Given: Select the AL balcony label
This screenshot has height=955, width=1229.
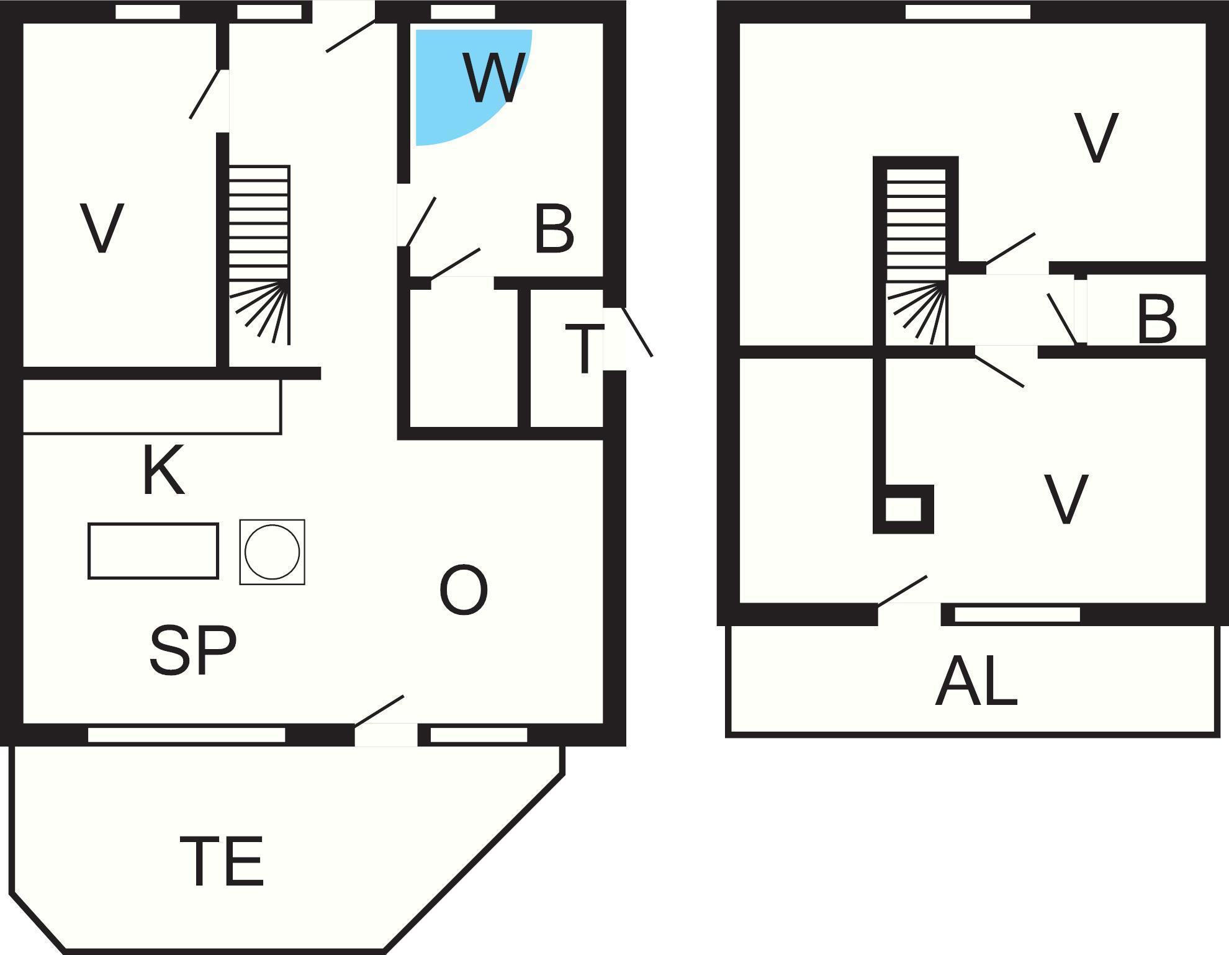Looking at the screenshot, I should coord(976,682).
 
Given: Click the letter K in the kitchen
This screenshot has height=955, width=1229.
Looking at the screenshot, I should coord(163,470).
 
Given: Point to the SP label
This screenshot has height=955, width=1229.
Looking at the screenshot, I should coord(193,650).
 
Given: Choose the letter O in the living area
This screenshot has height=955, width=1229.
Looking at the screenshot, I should coord(463,590).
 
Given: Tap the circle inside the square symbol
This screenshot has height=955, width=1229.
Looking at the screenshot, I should coord(272,552).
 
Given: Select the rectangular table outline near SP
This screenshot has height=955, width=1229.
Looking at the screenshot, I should coord(153,551).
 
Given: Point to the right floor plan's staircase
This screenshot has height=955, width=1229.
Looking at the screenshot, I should coord(916,254).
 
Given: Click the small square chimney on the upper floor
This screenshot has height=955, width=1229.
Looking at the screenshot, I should coord(903,509).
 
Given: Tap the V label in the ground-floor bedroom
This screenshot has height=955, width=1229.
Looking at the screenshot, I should coord(102,228).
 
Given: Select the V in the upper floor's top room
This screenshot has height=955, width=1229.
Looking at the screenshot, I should coord(1096,138).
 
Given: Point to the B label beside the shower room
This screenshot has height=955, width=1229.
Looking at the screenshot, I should coord(554,230).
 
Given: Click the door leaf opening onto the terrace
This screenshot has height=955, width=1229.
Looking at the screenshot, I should coord(379,710).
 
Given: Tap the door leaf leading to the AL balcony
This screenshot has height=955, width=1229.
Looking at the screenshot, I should coord(903,590).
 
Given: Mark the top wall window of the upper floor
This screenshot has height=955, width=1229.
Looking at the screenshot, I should coord(968,12).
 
